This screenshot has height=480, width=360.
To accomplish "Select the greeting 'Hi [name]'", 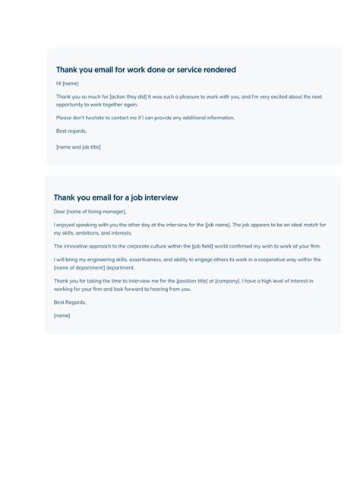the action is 67,84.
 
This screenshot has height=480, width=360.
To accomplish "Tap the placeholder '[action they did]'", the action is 127,96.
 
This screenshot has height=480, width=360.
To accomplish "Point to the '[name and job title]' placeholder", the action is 78,147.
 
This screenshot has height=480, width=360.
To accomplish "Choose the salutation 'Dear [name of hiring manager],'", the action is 90,211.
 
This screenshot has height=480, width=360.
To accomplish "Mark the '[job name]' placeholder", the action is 217,225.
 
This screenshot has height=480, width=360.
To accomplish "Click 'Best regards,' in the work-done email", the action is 71,131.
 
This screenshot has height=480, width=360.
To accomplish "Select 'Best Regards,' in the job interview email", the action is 69,302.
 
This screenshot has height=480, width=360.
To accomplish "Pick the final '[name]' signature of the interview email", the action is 62,315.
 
